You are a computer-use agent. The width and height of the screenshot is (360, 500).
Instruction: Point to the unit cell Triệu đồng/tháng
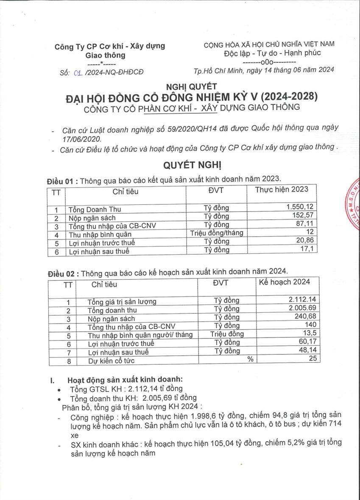(x=216, y=233)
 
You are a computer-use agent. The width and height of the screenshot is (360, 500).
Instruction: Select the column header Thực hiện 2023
(x=282, y=190)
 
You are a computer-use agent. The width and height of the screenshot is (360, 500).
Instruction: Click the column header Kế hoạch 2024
(x=284, y=282)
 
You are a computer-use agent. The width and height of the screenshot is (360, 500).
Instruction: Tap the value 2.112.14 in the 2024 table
(x=302, y=299)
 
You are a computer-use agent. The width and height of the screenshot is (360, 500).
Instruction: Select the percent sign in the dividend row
(x=251, y=359)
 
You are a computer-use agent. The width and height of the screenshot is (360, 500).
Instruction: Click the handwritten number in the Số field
(x=77, y=72)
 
